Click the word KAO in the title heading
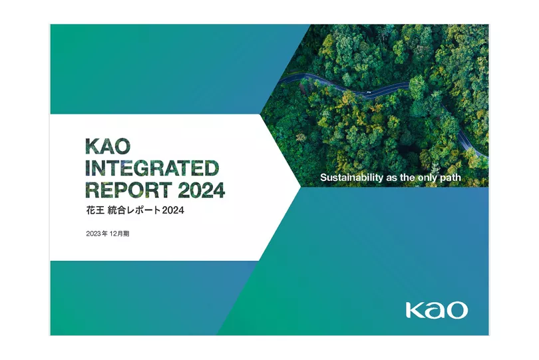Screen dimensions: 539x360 pos(108,146)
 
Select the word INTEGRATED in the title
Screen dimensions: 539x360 pos(152,168)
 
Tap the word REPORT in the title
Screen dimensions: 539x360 pos(128,190)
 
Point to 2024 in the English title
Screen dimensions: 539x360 pos(202,190)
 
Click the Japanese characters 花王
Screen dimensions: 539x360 pos(95,210)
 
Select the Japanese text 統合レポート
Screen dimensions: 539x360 pos(134,210)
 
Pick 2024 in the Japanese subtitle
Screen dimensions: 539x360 pos(173,210)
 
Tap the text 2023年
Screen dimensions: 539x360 pos(97,234)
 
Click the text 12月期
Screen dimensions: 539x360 pos(119,234)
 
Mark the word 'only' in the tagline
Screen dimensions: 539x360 pos(428,178)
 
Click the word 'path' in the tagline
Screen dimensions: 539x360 pos(450,178)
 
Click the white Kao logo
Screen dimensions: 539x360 pos(437,310)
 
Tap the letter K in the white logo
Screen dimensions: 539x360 pos(414,310)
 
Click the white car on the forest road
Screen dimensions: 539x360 pos(369,92)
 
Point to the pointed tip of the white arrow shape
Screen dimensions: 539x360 pos(300,187)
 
